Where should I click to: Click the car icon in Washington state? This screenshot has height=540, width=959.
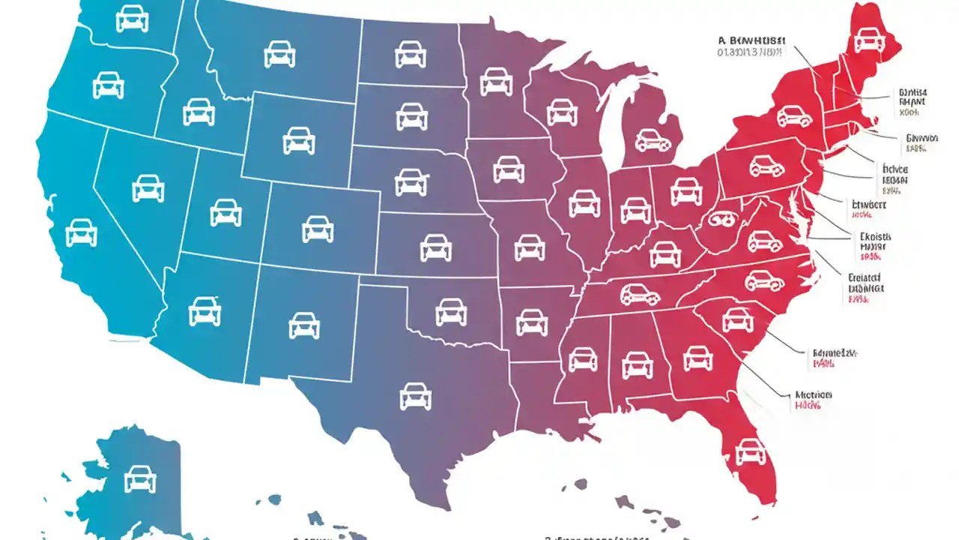(132, 19)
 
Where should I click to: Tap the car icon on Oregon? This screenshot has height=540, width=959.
(108, 85)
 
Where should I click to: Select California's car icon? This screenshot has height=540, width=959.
(81, 232)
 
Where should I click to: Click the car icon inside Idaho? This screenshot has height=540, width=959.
(199, 112)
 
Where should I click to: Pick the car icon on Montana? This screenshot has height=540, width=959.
(279, 53)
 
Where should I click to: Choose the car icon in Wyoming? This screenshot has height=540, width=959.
(298, 140)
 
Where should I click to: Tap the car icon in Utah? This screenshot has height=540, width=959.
(226, 212)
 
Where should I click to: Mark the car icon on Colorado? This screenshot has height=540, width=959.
(318, 229)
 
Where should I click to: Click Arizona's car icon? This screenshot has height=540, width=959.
(205, 311)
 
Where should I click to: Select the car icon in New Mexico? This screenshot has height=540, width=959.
(303, 325)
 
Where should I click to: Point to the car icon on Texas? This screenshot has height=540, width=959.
(415, 395)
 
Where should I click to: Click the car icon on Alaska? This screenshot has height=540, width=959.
(139, 478)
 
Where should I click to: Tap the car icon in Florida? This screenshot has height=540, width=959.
(751, 451)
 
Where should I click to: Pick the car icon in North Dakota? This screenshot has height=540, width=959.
(410, 53)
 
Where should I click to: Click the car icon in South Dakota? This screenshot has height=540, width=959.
(411, 116)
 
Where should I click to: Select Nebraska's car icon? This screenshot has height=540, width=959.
(411, 181)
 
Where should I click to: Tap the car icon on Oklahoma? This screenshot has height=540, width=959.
(450, 311)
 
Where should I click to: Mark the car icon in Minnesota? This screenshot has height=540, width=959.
(495, 81)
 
